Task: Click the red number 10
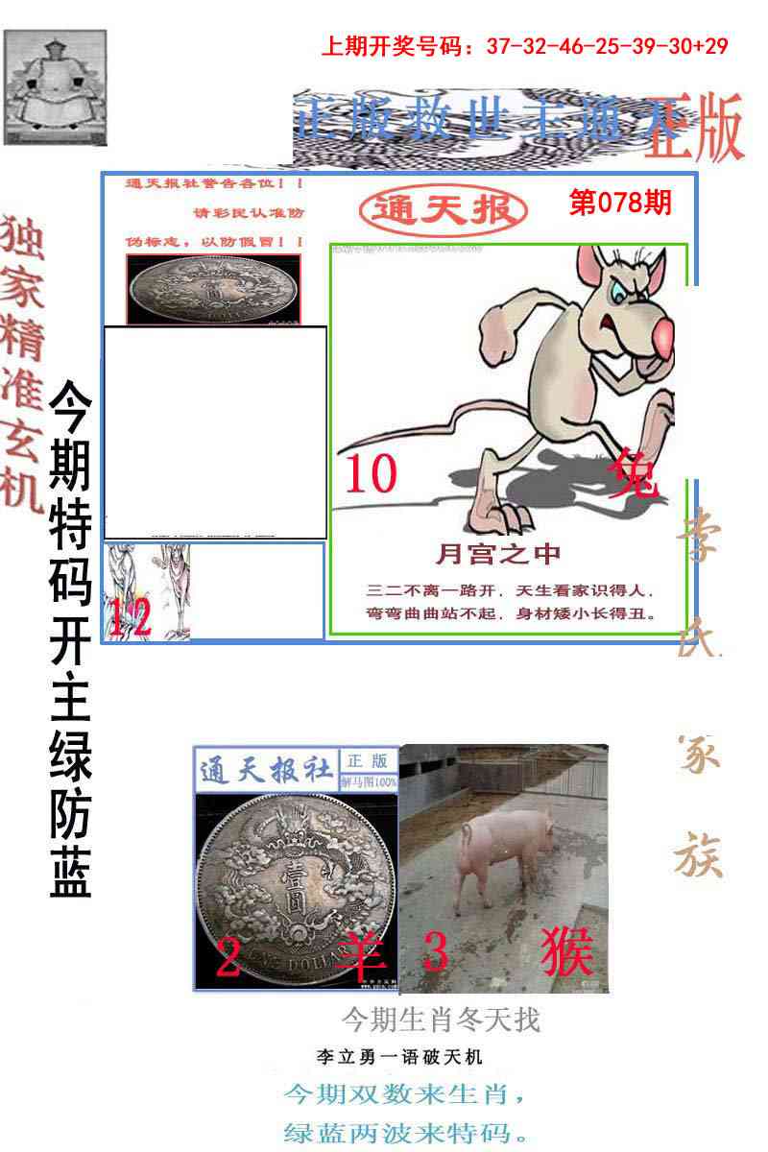(371, 474)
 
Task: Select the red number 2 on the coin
(228, 957)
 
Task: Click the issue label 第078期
(619, 204)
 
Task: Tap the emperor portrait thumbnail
(56, 87)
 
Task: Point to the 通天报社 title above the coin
(267, 770)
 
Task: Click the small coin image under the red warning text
(213, 288)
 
